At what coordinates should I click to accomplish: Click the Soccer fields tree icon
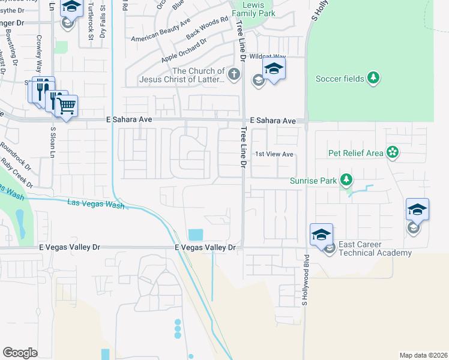click(x=373, y=78)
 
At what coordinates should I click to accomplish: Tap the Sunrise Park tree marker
click(x=346, y=179)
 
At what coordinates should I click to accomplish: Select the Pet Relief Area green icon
click(x=393, y=152)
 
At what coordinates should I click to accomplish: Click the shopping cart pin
click(x=67, y=107)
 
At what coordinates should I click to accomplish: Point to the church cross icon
click(x=234, y=75)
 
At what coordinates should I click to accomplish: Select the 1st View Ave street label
click(x=274, y=154)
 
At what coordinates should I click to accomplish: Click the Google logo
click(x=20, y=353)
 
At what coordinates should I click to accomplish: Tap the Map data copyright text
click(x=423, y=355)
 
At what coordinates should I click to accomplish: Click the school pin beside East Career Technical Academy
click(x=321, y=234)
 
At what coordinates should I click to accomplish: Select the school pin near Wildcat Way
click(x=274, y=68)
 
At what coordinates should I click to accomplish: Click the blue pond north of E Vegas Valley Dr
click(x=196, y=235)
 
